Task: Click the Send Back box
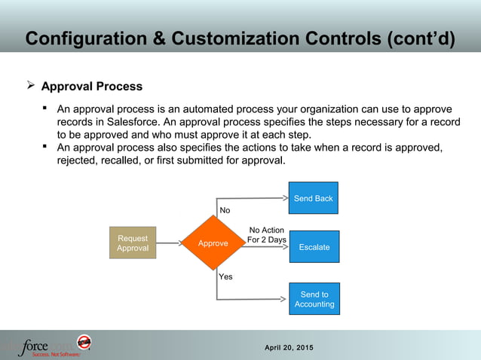tap(314, 198)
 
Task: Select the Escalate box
tap(314, 246)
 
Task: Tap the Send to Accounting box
tap(314, 299)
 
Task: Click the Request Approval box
tap(133, 243)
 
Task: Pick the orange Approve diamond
tap(213, 243)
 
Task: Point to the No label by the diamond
tap(225, 210)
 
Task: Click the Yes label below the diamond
tap(225, 276)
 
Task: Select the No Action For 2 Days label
tap(266, 235)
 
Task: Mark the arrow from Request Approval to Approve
tap(169, 243)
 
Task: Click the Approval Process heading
tap(91, 87)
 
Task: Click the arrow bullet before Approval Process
tap(29, 87)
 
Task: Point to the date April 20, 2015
tap(290, 347)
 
